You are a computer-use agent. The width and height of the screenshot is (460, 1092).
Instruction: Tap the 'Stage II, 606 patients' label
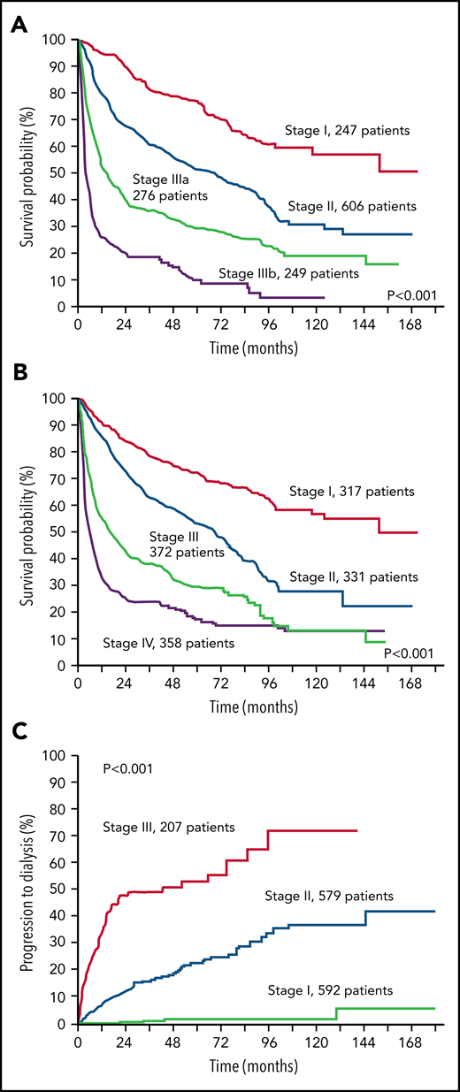(x=351, y=206)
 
